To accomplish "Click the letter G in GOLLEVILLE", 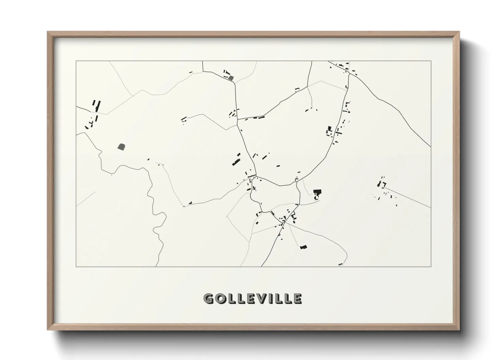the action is (209, 299).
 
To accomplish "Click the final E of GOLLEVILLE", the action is (297, 299).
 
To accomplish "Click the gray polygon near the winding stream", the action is (121, 147).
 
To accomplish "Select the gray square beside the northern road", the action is (231, 78).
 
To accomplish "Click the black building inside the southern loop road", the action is (303, 247).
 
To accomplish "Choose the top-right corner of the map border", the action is (431, 61).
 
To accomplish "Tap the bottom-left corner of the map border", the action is (76, 267).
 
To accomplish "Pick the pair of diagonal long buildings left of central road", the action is (236, 159).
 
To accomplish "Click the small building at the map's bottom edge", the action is (340, 264).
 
